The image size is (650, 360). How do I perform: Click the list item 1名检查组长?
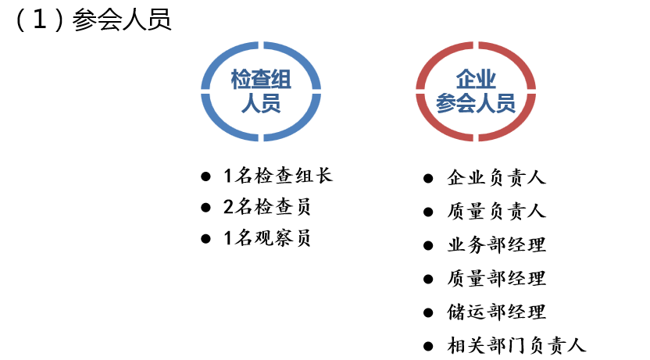(278, 176)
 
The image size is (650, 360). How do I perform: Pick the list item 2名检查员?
(267, 208)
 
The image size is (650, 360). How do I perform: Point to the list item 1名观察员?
(267, 239)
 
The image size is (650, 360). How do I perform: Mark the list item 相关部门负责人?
(516, 345)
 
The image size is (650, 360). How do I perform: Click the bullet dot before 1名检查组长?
(205, 176)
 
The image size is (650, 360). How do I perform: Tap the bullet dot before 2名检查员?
(205, 208)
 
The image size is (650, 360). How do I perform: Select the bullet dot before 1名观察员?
(205, 239)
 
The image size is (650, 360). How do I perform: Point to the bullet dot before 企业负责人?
(428, 178)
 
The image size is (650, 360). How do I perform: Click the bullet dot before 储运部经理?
(428, 312)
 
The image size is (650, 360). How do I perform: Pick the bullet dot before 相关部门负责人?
(428, 345)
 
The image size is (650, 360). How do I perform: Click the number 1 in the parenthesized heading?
(40, 21)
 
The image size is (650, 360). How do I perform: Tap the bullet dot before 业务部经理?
(428, 245)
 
